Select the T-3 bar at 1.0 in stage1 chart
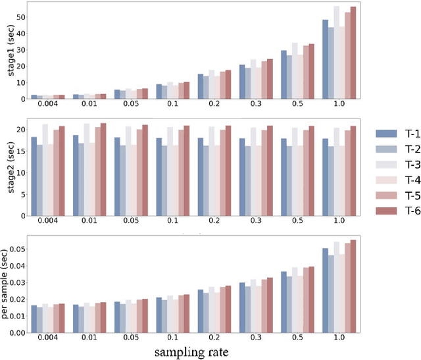point(337,53)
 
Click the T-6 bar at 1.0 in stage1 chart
point(353,53)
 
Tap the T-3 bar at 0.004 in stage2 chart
point(45,171)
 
